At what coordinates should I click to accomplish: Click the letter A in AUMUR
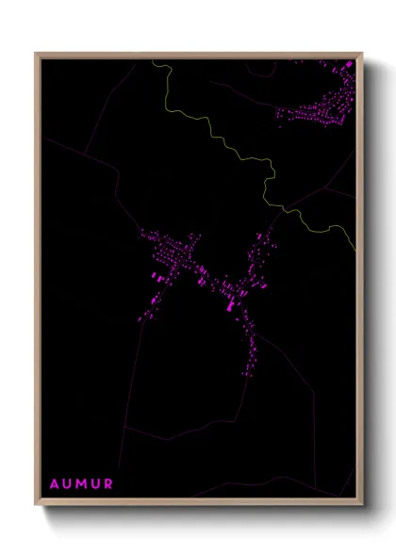[x=55, y=484]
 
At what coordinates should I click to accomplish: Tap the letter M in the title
[x=82, y=484]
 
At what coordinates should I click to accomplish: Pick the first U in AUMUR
[x=68, y=484]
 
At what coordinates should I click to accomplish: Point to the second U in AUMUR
[x=96, y=484]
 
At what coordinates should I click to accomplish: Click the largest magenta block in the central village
[x=232, y=305]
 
